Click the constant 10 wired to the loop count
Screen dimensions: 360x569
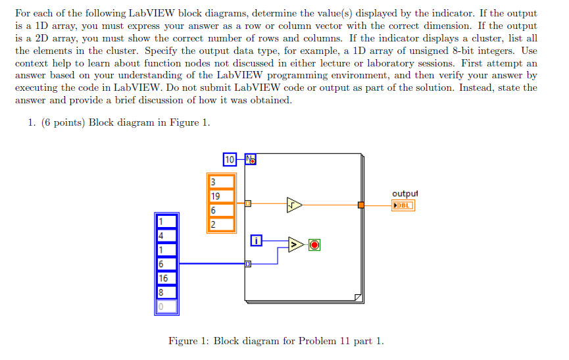230,159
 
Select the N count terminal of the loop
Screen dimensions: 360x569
251,159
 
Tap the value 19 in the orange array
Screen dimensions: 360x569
216,196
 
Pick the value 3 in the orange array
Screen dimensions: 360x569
213,182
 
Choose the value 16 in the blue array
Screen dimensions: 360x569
164,278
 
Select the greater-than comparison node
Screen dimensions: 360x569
296,245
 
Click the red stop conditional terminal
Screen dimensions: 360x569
314,245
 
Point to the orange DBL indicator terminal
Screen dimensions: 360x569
403,205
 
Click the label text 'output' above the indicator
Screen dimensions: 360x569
405,193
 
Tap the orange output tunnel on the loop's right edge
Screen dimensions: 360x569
361,205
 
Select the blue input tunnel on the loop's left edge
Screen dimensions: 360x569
247,264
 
